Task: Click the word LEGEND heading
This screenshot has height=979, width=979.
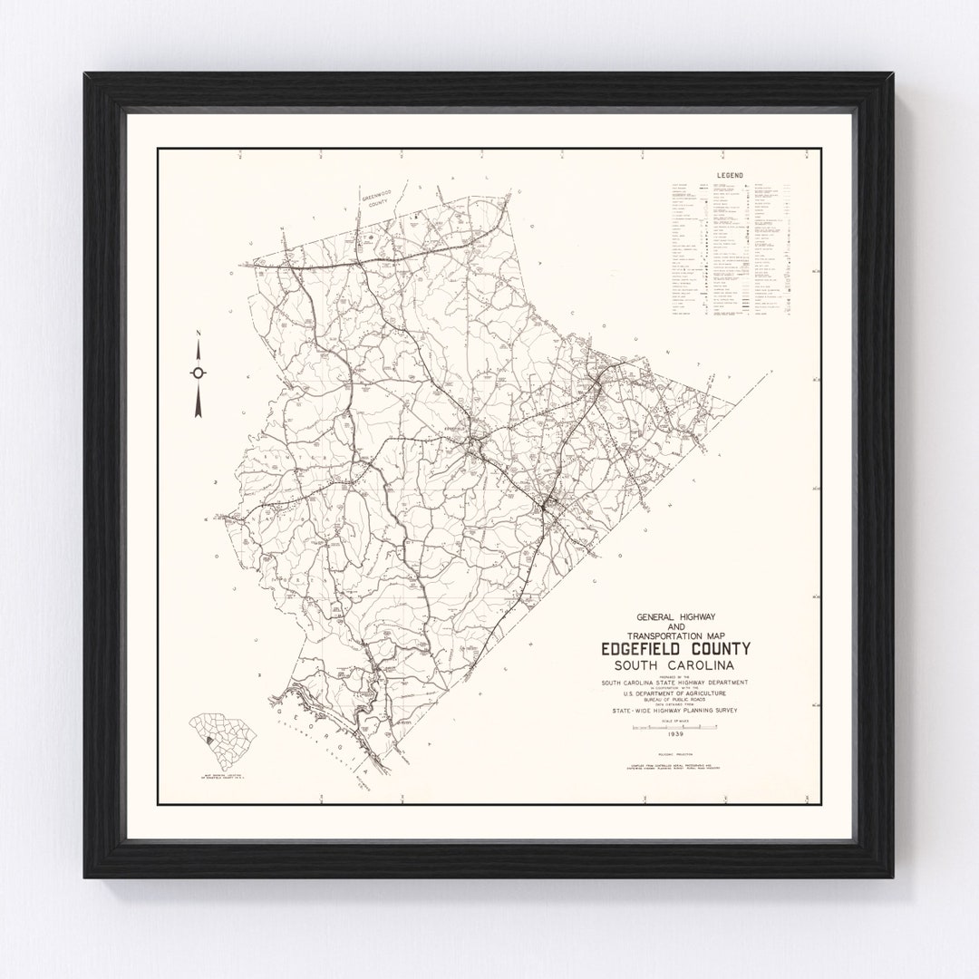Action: point(728,173)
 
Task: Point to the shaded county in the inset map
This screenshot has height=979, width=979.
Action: point(210,742)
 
